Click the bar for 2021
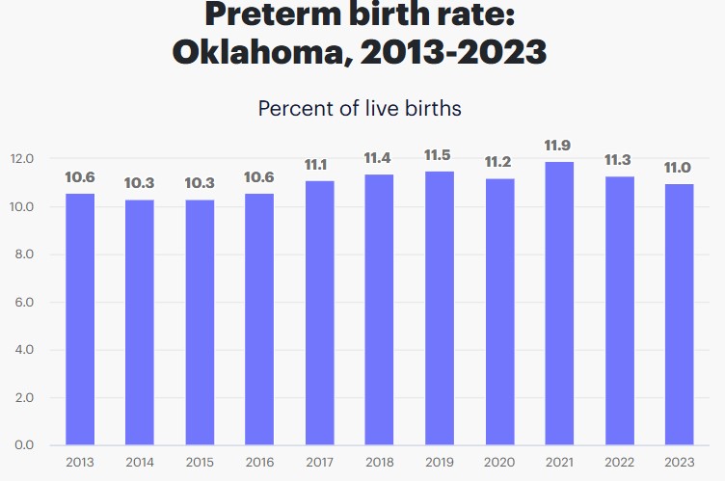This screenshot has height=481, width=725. tap(559, 304)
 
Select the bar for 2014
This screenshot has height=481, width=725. tap(140, 322)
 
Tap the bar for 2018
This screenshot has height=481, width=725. tap(379, 309)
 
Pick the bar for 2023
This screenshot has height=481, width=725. tap(679, 314)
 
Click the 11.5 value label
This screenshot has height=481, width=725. tap(439, 156)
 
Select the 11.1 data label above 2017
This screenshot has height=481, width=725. tap(319, 165)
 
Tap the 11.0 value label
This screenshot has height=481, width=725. tap(679, 168)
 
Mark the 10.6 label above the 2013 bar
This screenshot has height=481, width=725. tap(80, 177)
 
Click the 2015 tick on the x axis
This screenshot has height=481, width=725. tap(200, 462)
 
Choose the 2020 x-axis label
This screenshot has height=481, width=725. tap(499, 462)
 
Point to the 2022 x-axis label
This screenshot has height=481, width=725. tap(619, 462)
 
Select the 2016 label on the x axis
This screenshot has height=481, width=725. tap(259, 462)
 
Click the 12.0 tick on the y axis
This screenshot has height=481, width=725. tap(23, 159)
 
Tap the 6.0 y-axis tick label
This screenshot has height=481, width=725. tap(23, 302)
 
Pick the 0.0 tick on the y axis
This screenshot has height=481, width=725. tap(23, 445)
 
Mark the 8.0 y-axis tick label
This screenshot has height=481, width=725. tap(23, 254)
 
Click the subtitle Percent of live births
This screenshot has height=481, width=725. tap(360, 108)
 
